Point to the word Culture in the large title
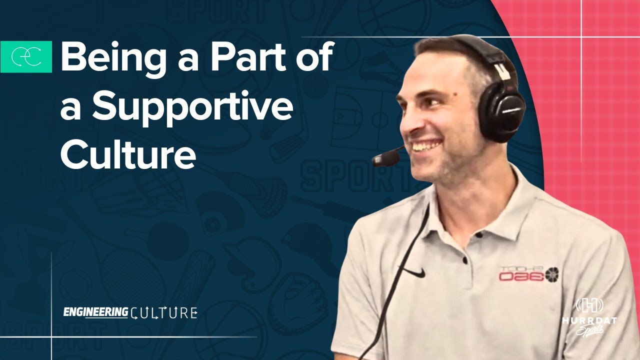coord(127,153)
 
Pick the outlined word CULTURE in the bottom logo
coord(163,313)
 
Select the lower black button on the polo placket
coord(464,261)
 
